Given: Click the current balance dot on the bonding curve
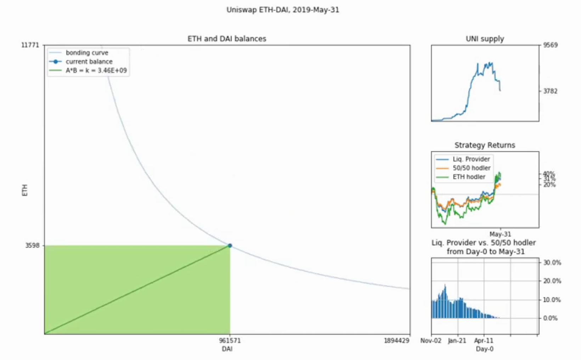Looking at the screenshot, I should [230, 246].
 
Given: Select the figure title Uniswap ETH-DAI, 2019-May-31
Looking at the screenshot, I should [283, 10].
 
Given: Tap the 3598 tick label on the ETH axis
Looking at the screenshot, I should [32, 246].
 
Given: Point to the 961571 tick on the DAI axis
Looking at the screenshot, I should [230, 341].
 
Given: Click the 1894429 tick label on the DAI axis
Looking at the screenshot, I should [396, 341].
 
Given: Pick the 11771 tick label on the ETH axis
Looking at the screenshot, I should [30, 45].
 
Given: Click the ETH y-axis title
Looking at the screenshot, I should [24, 190].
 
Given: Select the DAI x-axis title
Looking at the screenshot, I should [227, 349].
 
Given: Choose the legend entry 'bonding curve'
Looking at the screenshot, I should [87, 53].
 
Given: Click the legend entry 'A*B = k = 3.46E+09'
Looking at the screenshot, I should [96, 71].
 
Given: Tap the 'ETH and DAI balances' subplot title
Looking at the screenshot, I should [227, 39].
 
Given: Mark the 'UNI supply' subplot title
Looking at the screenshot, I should [485, 39].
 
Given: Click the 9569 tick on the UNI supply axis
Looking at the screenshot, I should [550, 45].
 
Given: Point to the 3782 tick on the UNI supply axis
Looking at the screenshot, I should [550, 91].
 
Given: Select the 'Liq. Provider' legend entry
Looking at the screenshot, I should [471, 159].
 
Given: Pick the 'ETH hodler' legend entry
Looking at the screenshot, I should [469, 177].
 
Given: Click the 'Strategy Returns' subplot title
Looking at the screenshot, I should [485, 145].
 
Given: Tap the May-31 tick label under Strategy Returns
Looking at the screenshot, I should [500, 234].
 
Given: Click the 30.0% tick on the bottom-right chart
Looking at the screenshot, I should [552, 263].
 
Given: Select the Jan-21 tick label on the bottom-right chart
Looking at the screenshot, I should [457, 341].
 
